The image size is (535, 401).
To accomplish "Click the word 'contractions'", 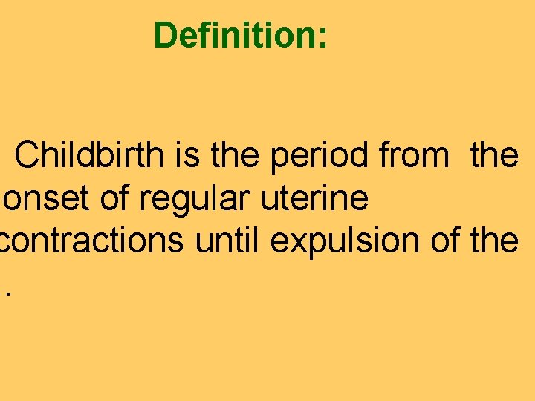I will [94, 242].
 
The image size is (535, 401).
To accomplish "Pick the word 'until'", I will [222, 242].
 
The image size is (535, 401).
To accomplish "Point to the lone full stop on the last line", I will [9, 294].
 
